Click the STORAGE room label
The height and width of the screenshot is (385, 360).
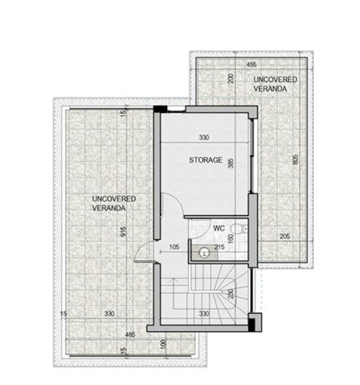click(x=205, y=159)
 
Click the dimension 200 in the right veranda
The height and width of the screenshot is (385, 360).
click(x=231, y=77)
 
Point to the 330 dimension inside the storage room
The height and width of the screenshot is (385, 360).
click(x=207, y=137)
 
